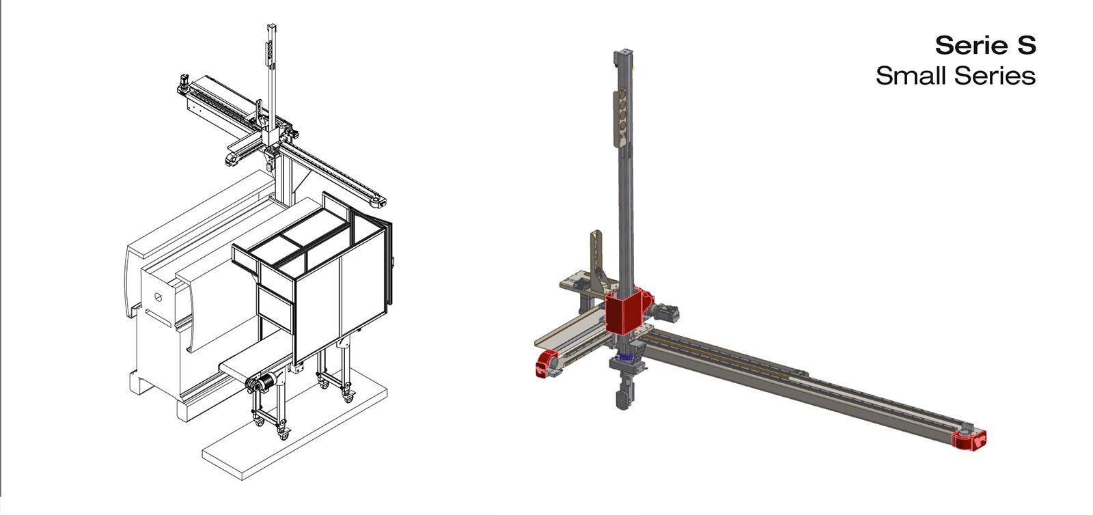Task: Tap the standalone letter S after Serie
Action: click(x=1025, y=46)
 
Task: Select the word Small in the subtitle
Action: click(x=911, y=76)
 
